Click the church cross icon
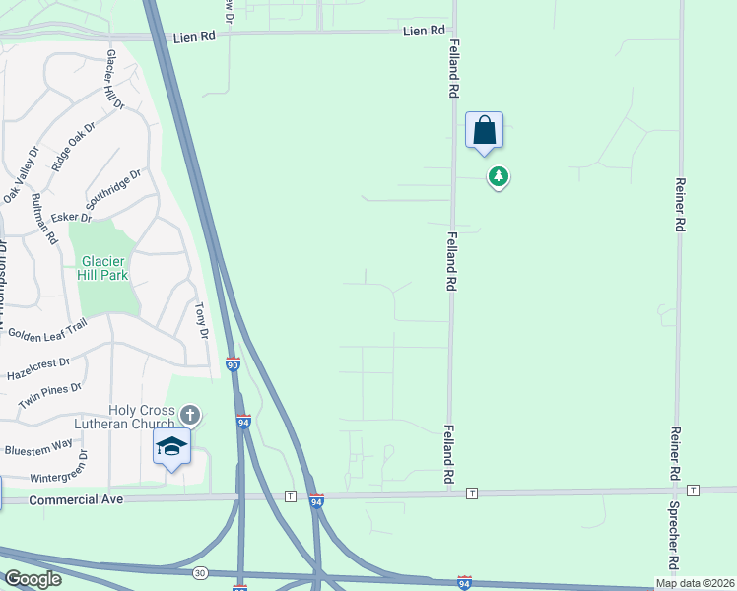(190, 415)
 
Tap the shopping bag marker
(484, 130)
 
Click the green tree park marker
(500, 176)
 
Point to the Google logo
(32, 579)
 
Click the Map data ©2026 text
(696, 583)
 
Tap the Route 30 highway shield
(200, 572)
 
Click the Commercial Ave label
(76, 500)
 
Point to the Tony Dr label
(203, 320)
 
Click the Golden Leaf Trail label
(48, 333)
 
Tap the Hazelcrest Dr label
(37, 369)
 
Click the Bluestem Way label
(37, 446)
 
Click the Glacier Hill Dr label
(115, 79)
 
